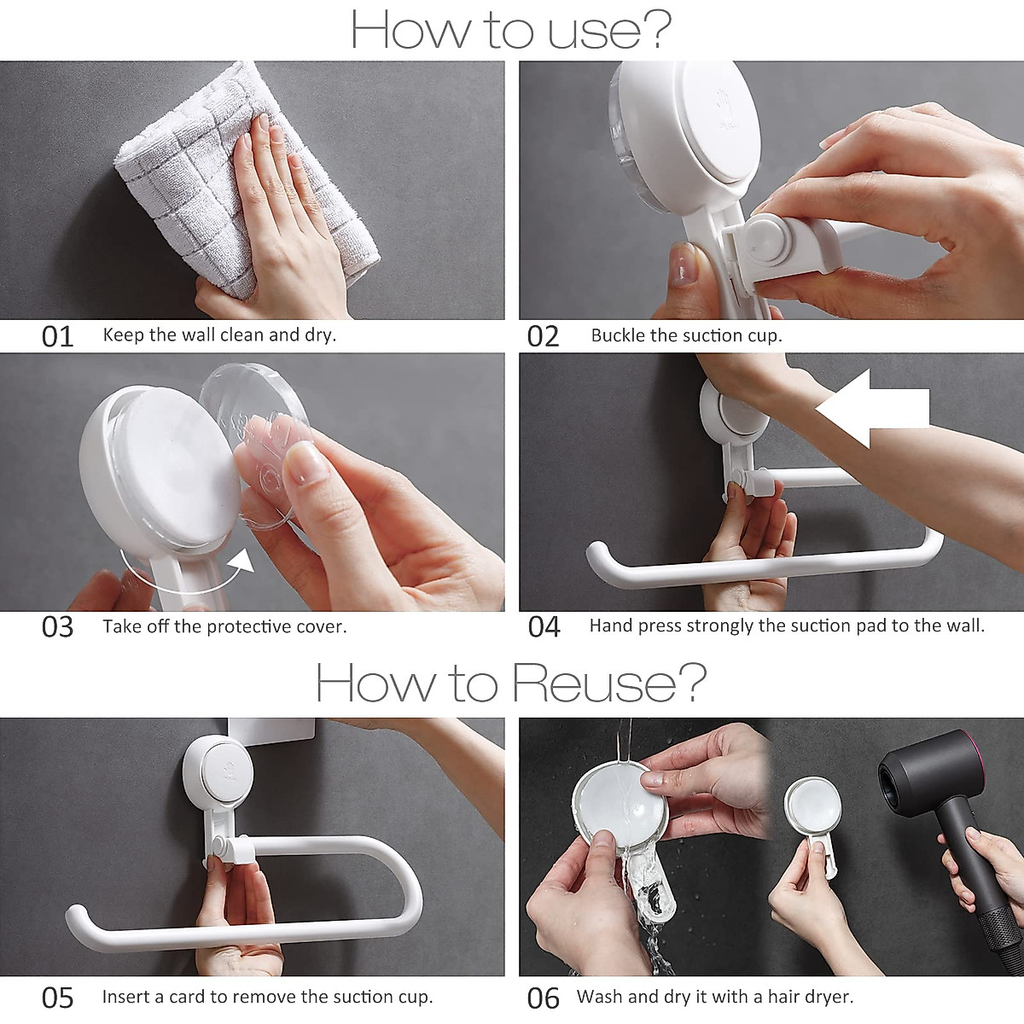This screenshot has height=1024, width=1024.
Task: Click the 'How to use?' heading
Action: pos(511,31)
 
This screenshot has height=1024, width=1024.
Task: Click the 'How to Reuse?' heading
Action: pos(511,683)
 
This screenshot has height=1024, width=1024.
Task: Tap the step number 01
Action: pos(58,336)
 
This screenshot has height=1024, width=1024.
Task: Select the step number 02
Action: pos(543,336)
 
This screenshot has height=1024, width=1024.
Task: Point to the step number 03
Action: pos(58,627)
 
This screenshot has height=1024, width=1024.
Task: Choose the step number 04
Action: pos(544,627)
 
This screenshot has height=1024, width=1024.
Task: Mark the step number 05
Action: pos(58,998)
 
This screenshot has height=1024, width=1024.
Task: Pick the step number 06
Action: pos(544,998)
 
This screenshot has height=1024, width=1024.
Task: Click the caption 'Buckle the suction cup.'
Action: pos(686,336)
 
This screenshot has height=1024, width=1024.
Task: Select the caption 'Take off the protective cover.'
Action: pos(224,627)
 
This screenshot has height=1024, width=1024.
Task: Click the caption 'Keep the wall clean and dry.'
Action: pos(219,335)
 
